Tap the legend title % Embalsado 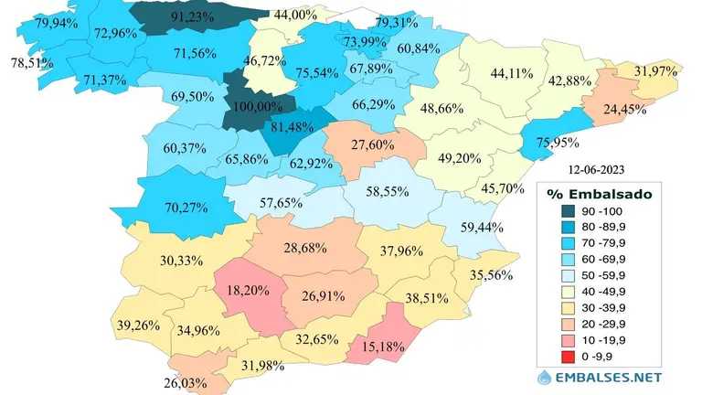[598, 194]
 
